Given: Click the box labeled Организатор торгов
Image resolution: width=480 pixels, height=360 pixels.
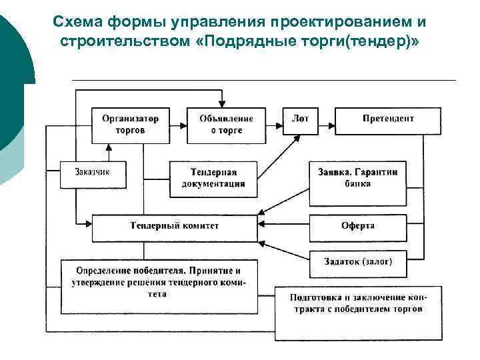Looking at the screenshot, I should [x=130, y=125].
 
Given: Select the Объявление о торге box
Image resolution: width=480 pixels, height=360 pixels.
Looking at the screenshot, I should [x=226, y=125].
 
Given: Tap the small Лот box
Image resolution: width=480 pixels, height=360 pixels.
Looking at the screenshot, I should [x=300, y=119].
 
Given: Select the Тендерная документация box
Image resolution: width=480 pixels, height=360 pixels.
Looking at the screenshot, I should [x=213, y=178].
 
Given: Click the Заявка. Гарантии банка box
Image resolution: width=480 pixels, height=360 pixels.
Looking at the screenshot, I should [x=357, y=177].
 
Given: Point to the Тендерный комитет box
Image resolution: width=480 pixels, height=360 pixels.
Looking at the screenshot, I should [x=174, y=227].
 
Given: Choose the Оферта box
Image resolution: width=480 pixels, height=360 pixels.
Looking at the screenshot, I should [x=357, y=226].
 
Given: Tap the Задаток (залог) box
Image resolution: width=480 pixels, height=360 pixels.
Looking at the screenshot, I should [x=357, y=262].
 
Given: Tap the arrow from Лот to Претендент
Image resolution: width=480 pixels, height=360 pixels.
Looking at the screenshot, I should [x=326, y=119].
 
